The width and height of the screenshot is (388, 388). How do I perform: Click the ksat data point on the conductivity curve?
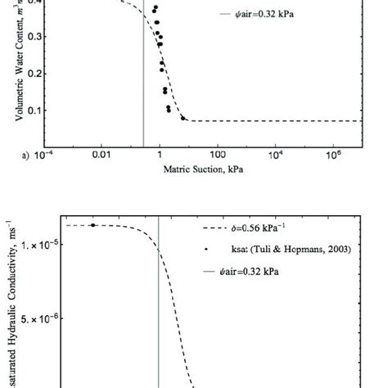(93, 225)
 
